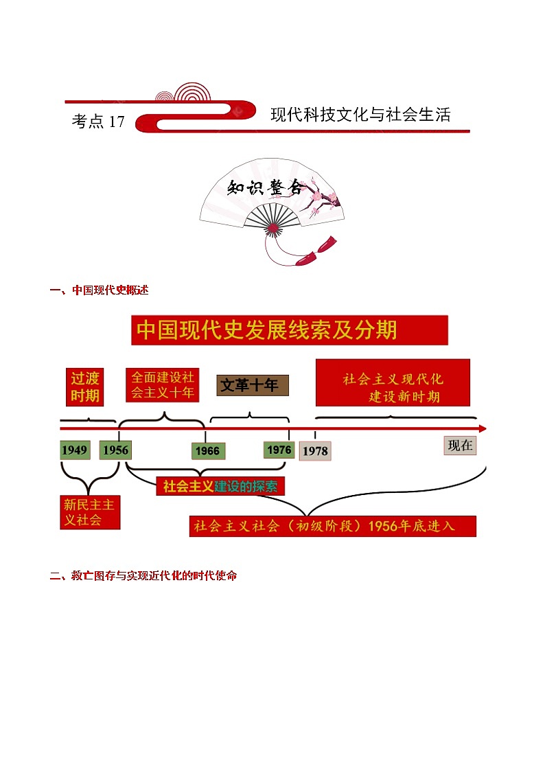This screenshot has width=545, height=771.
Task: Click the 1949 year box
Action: [x=74, y=450]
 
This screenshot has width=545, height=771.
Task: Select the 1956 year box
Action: [x=115, y=450]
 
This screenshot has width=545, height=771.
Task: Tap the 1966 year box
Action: [x=207, y=450]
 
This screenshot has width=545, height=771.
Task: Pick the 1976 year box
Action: [x=279, y=450]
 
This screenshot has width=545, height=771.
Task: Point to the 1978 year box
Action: [x=315, y=451]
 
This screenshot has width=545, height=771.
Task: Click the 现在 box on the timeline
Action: [x=460, y=446]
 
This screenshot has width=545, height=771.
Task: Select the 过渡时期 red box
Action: [x=85, y=387]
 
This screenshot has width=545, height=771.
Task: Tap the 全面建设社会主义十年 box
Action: [x=163, y=385]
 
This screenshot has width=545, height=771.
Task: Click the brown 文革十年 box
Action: [x=253, y=385]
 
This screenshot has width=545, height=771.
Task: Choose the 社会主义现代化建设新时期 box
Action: [x=393, y=383]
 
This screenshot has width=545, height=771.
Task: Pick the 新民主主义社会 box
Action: [x=90, y=512]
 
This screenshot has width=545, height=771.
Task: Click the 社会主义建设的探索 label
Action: [x=220, y=486]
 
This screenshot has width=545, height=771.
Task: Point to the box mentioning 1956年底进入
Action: [x=333, y=526]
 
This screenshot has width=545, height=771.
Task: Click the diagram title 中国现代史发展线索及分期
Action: [x=289, y=330]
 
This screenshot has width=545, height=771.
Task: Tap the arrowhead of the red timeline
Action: [x=482, y=428]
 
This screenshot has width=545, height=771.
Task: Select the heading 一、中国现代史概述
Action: [x=99, y=290]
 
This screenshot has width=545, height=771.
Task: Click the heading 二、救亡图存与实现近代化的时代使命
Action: [x=143, y=576]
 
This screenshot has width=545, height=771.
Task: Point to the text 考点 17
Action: [x=98, y=122]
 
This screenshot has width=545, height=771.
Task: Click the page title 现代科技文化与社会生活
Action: [x=360, y=115]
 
